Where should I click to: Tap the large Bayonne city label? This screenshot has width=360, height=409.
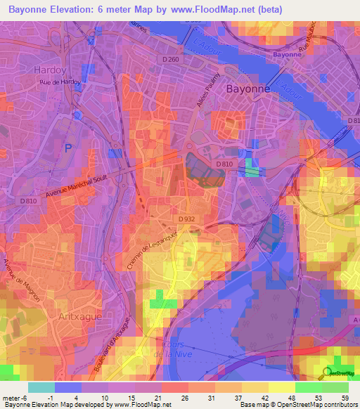coord(249,89)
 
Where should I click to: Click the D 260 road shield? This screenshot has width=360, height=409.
coord(171,60)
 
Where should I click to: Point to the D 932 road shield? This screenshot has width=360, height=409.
coord(187,219)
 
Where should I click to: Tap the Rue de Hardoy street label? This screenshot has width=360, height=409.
coord(60,82)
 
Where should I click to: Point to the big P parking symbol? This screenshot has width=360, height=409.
coord(68,148)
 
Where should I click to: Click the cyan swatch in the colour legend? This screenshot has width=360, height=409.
coord(41,387)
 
